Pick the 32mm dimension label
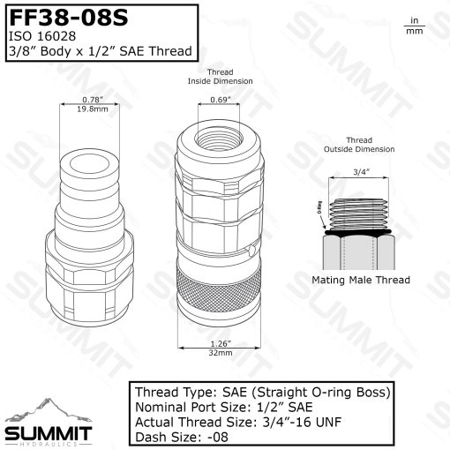tap(221, 351)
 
